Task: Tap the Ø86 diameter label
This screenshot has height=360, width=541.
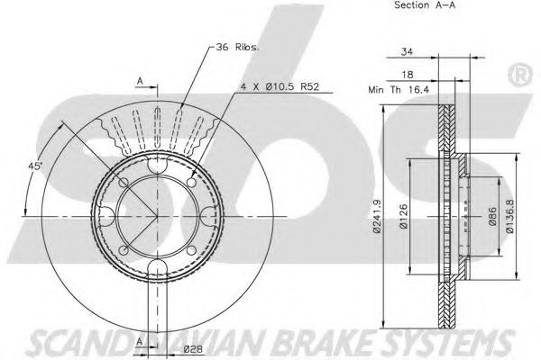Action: pos(492,217)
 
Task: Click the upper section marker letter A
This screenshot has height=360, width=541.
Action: pos(140,80)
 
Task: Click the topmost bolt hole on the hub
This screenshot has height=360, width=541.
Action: pos(155,166)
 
